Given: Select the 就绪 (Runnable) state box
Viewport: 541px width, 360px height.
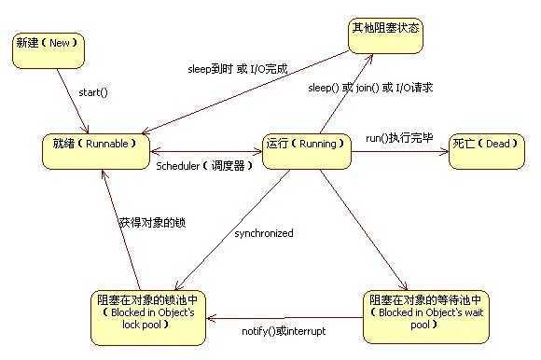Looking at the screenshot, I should click(97, 149).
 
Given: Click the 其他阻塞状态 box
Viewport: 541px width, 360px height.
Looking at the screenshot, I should click(383, 35).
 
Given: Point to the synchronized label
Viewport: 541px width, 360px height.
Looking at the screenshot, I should click(264, 233).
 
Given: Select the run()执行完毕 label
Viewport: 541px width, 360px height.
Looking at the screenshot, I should click(398, 138).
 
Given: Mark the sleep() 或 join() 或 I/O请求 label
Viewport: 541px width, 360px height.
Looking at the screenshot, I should click(370, 88).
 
